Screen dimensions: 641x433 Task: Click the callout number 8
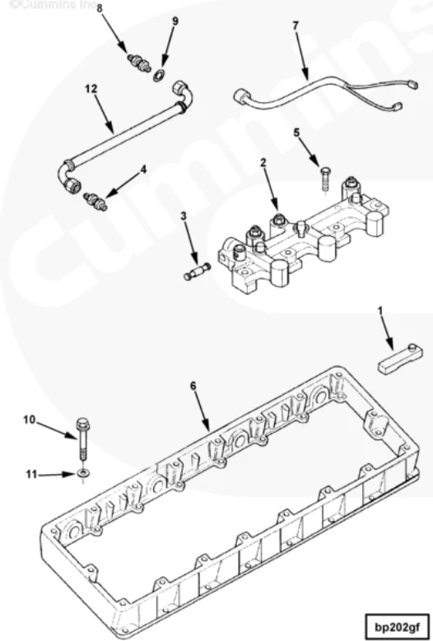[100, 8]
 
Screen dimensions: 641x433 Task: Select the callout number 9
[175, 21]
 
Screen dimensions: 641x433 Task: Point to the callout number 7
[296, 26]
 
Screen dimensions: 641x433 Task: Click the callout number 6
[193, 385]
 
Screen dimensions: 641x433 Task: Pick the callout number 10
[29, 420]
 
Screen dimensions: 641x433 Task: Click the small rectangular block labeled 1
[400, 358]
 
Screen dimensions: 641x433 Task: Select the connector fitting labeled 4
[95, 198]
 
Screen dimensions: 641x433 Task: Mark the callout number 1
[380, 310]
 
